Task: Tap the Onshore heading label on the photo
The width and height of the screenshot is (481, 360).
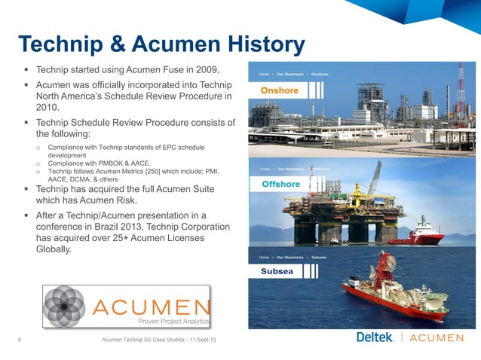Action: click(280, 91)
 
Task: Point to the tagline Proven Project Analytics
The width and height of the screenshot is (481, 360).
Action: click(173, 321)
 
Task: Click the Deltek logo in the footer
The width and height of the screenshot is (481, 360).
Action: click(375, 337)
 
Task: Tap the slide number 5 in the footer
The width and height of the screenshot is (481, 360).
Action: click(20, 340)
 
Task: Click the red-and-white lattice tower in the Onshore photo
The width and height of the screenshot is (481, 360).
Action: click(461, 83)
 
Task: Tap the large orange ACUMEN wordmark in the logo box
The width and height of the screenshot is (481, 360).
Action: click(151, 307)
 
